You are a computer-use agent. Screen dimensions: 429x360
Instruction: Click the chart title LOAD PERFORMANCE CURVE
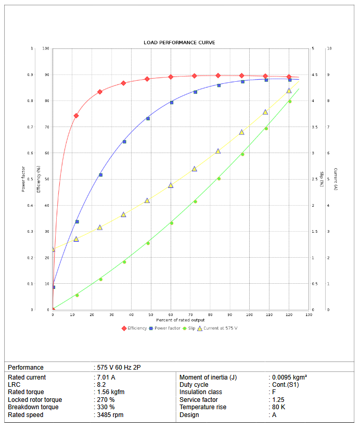[179, 43]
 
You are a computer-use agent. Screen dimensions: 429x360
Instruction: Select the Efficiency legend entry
[137, 328]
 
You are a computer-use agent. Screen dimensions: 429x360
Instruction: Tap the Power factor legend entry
[167, 328]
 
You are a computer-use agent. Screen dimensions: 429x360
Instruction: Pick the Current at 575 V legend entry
[220, 328]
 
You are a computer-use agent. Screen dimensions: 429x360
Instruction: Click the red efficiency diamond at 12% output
[76, 116]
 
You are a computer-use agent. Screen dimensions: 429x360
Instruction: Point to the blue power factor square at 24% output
[100, 175]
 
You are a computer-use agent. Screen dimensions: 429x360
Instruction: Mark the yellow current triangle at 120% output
[289, 91]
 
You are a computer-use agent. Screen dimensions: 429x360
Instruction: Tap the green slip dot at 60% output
[171, 223]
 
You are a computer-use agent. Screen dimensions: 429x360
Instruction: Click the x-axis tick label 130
[308, 315]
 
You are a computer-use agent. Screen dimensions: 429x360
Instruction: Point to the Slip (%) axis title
[322, 179]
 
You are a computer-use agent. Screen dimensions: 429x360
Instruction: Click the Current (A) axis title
[336, 179]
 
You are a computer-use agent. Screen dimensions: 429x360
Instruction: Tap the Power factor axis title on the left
[23, 179]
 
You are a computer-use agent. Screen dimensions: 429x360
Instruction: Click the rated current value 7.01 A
[106, 377]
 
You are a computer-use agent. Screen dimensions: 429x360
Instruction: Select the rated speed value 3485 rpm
[110, 415]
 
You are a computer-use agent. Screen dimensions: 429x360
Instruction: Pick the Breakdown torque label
[33, 407]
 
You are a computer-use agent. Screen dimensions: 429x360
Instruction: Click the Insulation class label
[201, 392]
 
